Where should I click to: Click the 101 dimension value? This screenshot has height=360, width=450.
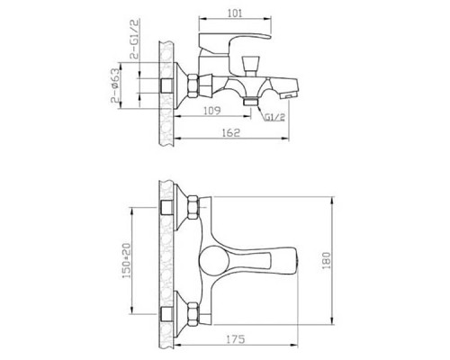pyautogui.click(x=235, y=13)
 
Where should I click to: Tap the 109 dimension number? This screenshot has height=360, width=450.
pyautogui.click(x=212, y=111)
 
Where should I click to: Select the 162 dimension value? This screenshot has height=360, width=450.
pyautogui.click(x=232, y=133)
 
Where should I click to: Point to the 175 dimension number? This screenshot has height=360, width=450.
pyautogui.click(x=236, y=339)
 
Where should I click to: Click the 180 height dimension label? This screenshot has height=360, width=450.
pyautogui.click(x=327, y=260)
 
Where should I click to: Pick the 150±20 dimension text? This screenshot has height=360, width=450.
pyautogui.click(x=127, y=260)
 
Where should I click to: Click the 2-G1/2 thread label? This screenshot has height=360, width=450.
pyautogui.click(x=135, y=39)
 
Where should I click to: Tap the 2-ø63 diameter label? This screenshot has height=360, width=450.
pyautogui.click(x=115, y=86)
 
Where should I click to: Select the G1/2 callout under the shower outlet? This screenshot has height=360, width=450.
pyautogui.click(x=274, y=117)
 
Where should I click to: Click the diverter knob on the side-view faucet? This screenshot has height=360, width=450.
pyautogui.click(x=250, y=65)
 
